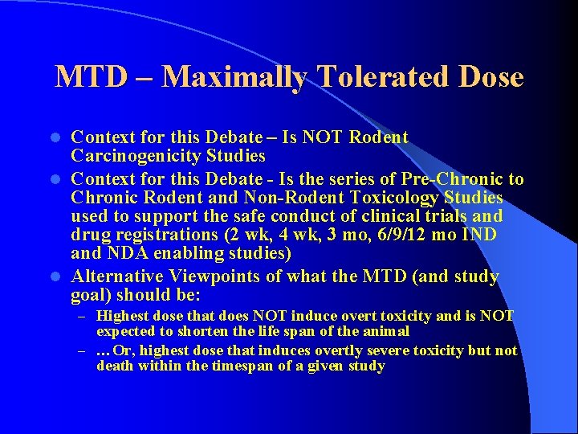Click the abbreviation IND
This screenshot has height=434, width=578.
coord(478,234)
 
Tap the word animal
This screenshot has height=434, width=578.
coord(389,331)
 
